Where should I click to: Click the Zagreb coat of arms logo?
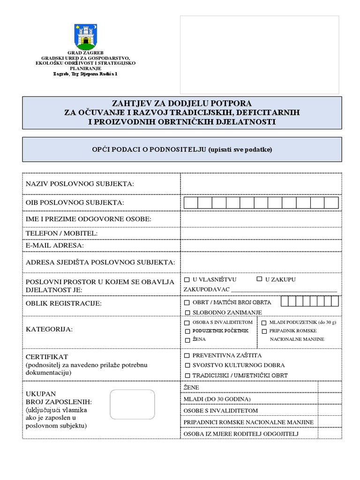coord(85,37)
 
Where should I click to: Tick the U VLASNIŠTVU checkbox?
coord(187,279)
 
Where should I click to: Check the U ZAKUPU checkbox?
coord(259,279)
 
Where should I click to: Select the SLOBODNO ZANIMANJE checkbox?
coord(187,312)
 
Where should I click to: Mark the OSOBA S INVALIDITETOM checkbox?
coord(187,322)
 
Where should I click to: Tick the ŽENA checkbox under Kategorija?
coord(187,340)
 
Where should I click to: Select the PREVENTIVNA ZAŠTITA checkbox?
coord(187,356)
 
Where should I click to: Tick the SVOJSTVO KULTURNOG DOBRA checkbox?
coord(187,365)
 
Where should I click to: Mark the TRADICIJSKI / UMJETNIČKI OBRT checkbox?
coord(187,375)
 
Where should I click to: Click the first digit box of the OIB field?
coord(191,202)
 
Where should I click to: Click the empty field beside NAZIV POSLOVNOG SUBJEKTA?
coord(261,183)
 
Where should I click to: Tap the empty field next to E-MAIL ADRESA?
coord(261,245)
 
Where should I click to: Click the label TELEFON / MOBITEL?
coord(61,233)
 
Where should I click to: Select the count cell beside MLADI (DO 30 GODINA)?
coord(330,399)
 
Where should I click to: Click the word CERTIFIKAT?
coord(47,357)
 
